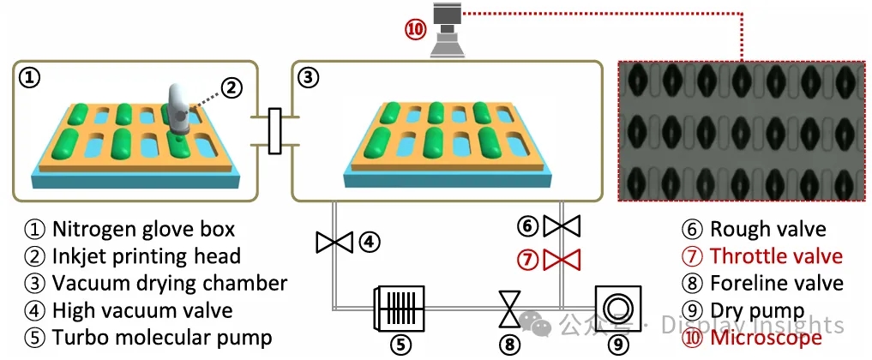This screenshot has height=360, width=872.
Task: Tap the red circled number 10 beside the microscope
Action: pos(416,28)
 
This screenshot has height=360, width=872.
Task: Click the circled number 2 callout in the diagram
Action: pos(231,87)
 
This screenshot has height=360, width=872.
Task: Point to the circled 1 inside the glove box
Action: pos(30,78)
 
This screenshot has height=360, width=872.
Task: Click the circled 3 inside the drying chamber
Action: pos(308,78)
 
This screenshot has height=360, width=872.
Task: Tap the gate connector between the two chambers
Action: pos(275,131)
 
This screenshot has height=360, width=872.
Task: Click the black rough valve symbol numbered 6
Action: pos(562,226)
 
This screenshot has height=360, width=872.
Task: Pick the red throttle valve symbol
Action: pos(562,257)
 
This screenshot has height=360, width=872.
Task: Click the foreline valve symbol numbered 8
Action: pos(510,309)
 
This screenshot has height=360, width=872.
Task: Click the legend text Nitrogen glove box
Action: pos(142,229)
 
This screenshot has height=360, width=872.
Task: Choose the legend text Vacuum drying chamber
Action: pos(169,283)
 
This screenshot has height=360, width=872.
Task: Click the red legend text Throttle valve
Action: pos(776,255)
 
